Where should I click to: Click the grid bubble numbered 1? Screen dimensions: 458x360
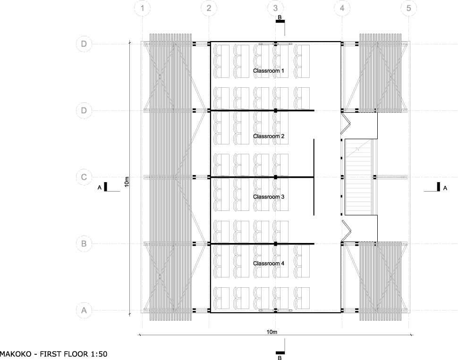[x=142, y=8]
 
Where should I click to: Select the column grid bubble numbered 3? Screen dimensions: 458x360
[x=275, y=8]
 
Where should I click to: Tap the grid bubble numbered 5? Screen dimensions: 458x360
[x=408, y=8]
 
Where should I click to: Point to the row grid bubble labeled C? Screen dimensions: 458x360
[x=84, y=177]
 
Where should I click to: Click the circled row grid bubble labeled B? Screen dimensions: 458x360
[x=84, y=243]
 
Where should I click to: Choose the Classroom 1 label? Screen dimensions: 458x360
[x=269, y=71]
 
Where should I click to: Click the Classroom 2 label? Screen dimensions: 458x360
[x=269, y=136]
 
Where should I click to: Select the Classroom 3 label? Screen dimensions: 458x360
[x=269, y=197]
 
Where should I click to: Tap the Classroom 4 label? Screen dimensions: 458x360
[x=269, y=263]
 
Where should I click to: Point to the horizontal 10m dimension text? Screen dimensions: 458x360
[x=271, y=332]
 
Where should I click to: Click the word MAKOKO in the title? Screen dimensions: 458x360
[x=16, y=354]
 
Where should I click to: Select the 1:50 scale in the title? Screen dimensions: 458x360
[x=99, y=354]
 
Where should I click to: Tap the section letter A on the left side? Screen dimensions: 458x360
[x=99, y=188]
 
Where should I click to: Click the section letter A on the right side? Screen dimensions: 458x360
[x=445, y=188]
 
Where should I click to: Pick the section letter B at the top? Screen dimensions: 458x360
[x=280, y=17]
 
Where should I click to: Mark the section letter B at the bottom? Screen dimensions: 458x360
[x=280, y=358]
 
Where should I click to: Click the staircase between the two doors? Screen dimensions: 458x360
[x=358, y=177]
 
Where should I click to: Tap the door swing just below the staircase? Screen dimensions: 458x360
[x=346, y=231]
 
